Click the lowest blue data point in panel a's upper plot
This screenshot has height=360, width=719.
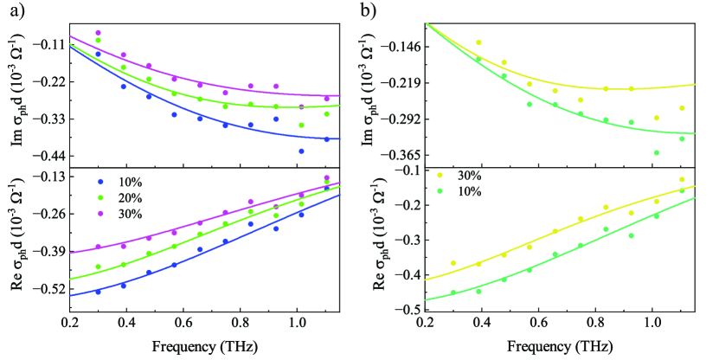tap(277, 151)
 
